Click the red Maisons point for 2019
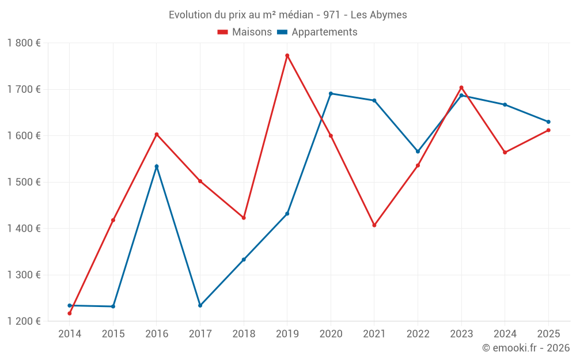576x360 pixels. click(287, 55)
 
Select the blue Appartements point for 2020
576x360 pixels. click(331, 93)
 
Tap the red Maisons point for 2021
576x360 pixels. click(374, 225)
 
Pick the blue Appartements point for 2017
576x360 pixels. click(200, 305)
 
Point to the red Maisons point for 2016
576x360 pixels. click(157, 134)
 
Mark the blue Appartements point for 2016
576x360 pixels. click(157, 166)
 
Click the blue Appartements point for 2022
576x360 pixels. click(418, 151)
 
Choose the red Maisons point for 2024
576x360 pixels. click(505, 153)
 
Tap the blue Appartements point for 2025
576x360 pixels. click(548, 122)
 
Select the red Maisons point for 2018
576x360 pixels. click(244, 218)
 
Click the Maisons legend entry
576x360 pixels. click(245, 32)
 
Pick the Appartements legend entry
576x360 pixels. click(317, 32)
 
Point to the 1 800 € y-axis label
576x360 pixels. click(24, 43)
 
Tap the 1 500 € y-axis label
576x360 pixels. click(24, 182)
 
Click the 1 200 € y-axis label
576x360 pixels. click(24, 321)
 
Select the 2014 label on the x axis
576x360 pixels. click(70, 334)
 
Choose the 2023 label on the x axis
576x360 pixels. click(461, 334)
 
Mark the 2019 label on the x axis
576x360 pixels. click(287, 334)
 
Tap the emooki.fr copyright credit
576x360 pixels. click(526, 348)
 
